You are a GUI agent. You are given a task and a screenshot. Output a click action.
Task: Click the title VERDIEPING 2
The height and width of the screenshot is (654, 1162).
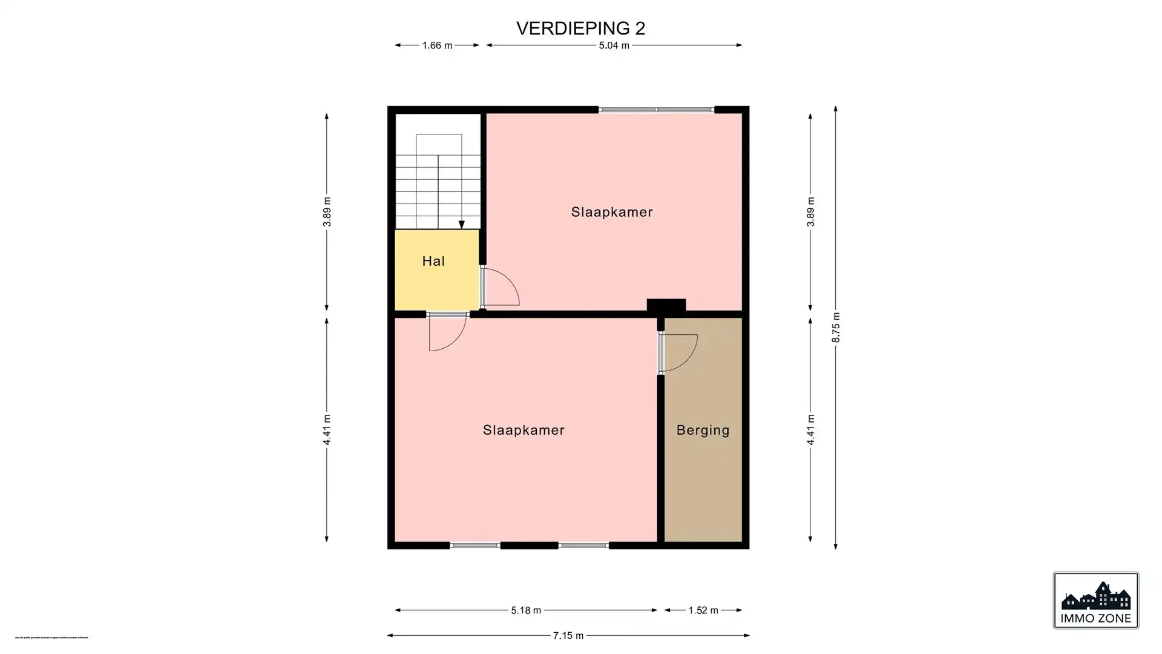580,28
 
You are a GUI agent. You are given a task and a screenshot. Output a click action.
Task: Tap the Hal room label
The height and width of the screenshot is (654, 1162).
433,261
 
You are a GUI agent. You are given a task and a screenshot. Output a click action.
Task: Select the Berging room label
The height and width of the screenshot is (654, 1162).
703,430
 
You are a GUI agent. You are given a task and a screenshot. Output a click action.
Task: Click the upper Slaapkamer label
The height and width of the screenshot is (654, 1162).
612,212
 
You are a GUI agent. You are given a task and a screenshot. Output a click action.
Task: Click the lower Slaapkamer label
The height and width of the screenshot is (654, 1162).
524,430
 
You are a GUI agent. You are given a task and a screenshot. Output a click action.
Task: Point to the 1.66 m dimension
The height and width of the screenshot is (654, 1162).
437,45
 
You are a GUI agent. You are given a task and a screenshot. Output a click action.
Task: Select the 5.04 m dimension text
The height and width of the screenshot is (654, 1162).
614,45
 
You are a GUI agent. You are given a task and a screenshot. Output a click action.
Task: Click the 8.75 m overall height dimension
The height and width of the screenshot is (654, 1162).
836,328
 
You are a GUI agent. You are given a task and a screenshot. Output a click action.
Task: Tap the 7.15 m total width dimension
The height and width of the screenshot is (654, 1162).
568,635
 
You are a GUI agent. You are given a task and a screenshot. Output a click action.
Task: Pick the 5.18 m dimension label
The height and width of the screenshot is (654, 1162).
525,610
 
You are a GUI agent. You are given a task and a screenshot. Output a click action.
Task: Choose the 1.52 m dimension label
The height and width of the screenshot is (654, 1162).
703,610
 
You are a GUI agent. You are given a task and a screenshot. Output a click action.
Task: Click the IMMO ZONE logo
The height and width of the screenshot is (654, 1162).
1095,600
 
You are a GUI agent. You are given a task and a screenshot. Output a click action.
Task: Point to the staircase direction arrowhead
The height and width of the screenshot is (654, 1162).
461,225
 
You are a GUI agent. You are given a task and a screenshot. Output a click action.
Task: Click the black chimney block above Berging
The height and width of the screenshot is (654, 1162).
666,306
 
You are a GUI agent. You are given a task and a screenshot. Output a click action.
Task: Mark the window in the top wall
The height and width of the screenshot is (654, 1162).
656,110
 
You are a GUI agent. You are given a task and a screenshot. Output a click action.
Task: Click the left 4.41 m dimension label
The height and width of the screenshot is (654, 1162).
327,430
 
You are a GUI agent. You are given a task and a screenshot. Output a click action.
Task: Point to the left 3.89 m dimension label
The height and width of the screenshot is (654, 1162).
327,212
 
